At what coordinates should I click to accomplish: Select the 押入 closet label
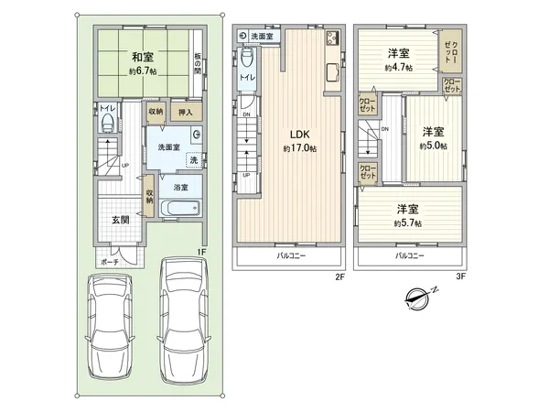coord(183,111)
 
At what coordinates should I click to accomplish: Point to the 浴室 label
coord(181,187)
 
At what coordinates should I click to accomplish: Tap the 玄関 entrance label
coord(121,220)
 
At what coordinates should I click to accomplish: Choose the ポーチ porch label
coord(110,261)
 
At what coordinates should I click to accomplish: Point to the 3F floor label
coord(461,276)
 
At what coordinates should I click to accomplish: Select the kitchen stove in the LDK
coord(330,38)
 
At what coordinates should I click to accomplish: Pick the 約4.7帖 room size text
coord(397,68)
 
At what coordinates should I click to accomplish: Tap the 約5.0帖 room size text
coord(434,145)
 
